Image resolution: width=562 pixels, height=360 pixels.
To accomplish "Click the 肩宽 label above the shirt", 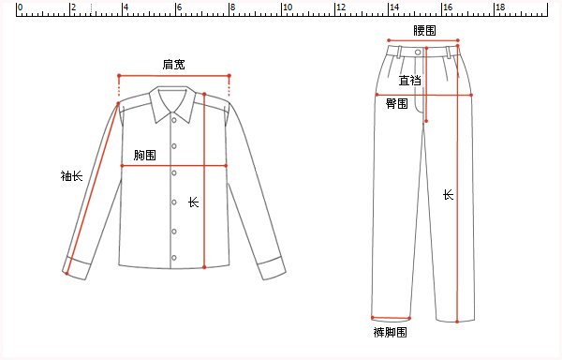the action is tap(173, 65).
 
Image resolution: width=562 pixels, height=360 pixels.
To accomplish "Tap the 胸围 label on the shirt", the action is tap(144, 155).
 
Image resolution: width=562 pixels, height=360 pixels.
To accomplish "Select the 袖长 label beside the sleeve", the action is tap(71, 175).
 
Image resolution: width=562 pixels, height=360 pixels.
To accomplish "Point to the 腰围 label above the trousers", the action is tap(424, 31).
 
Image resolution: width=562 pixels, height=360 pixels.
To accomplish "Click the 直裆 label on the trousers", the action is tap(409, 81).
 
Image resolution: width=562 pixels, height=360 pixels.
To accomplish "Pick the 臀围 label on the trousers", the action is tap(397, 104).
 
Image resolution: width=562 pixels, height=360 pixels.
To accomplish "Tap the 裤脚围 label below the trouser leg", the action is tap(390, 333).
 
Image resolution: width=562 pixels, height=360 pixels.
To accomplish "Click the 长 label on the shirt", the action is tap(194, 202).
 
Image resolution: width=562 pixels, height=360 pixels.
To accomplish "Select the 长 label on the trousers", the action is tap(448, 195).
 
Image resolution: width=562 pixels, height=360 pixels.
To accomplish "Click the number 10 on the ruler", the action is tap(287, 7).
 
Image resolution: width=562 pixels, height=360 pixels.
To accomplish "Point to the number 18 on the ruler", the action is tap(499, 7).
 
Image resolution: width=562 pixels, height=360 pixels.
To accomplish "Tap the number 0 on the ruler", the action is tap(21, 7).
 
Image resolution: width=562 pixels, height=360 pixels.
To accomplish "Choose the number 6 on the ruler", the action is tap(181, 7).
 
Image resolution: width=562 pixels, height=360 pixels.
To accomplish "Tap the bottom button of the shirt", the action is tap(173, 260).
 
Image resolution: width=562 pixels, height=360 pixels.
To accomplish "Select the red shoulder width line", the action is tap(173, 76).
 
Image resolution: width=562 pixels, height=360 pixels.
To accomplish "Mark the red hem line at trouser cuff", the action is tap(392, 317).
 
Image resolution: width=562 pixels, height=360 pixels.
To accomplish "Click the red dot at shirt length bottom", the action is tap(204, 268).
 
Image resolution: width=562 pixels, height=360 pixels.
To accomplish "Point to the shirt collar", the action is tap(172, 98).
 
